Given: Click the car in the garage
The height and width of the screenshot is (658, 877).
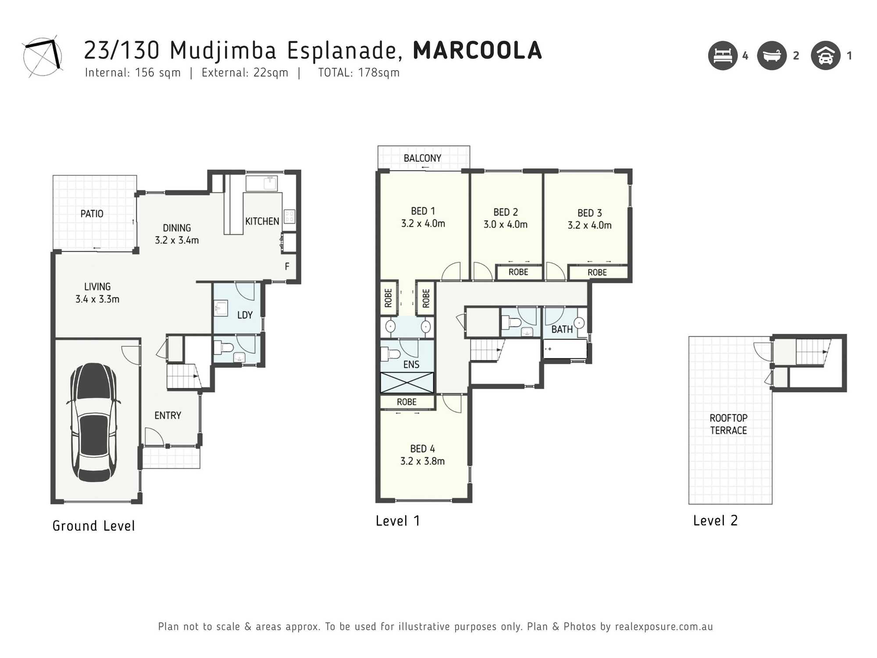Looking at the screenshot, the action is [x=93, y=422].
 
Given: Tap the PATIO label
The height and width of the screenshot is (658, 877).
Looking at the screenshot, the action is [x=92, y=214].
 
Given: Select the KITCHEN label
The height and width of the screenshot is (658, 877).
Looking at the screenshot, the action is [x=262, y=222].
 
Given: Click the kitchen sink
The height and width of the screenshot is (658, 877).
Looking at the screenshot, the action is [x=261, y=183].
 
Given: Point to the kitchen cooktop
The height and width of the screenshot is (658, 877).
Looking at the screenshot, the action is [x=289, y=216].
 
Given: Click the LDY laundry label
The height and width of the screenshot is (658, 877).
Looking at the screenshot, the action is [x=245, y=315].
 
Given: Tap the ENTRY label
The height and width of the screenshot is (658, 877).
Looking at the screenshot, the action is [x=168, y=415].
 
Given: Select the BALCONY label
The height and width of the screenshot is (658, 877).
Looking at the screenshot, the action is [x=422, y=158].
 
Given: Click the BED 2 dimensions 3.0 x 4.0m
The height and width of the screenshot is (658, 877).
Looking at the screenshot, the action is [x=506, y=225].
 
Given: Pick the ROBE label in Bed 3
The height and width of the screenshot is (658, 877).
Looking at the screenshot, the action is [x=597, y=272].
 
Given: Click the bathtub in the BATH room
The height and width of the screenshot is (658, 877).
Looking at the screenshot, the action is [x=565, y=349].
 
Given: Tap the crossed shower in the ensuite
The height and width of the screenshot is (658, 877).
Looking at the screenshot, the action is [x=407, y=383].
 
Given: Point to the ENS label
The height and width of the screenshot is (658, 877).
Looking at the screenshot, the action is [x=411, y=365].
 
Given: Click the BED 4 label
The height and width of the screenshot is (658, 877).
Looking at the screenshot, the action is [x=423, y=449].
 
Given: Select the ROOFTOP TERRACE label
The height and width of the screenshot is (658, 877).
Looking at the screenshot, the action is [x=728, y=424].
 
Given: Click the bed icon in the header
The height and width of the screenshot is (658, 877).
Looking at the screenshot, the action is [x=723, y=56].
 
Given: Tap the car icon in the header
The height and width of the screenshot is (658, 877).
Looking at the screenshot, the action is [x=826, y=56].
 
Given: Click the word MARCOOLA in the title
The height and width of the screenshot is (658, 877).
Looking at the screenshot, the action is [x=478, y=50].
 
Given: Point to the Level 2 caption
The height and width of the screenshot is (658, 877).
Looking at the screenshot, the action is [x=716, y=521].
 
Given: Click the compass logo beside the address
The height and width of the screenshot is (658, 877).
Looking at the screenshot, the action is [x=43, y=56].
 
